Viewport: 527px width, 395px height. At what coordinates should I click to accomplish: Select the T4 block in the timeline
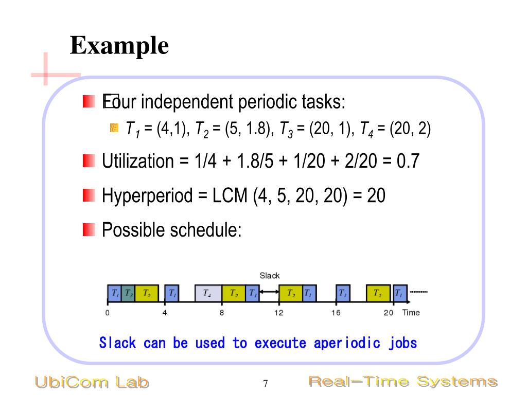click(x=207, y=293)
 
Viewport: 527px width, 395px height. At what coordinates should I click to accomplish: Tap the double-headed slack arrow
click(x=269, y=293)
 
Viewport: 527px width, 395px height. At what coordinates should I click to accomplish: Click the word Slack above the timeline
click(x=270, y=276)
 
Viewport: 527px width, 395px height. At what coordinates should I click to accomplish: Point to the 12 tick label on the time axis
click(x=278, y=313)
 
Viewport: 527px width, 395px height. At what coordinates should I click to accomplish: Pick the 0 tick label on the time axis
click(x=107, y=313)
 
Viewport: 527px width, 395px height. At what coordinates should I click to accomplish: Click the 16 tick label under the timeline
click(x=336, y=313)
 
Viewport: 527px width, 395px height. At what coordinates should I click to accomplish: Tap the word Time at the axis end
click(x=411, y=313)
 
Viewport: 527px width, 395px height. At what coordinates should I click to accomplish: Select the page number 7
click(x=266, y=383)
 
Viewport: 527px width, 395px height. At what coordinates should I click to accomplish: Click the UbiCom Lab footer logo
click(x=92, y=382)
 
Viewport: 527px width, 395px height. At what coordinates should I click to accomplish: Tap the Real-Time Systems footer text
click(x=402, y=382)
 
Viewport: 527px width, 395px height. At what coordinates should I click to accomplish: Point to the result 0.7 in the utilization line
click(x=408, y=161)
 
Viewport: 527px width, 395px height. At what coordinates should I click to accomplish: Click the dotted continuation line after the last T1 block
click(x=418, y=292)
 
